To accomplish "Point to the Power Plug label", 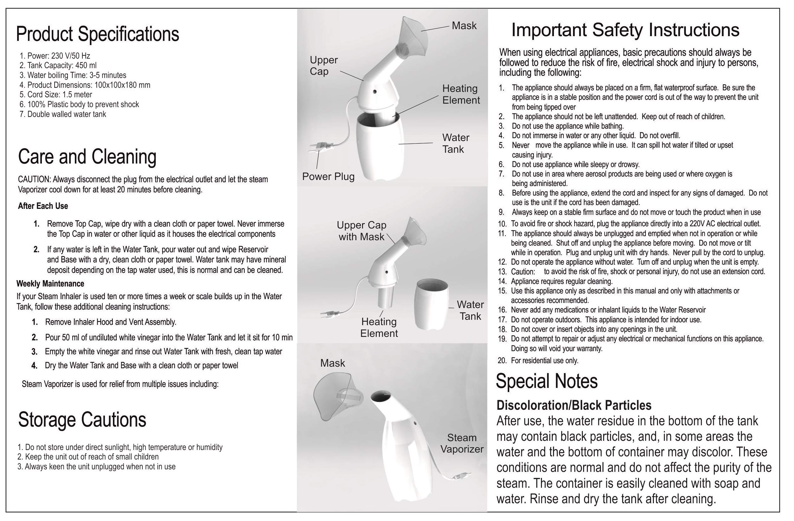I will [328, 176].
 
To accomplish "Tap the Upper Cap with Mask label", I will [361, 231].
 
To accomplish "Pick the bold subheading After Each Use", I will [43, 206].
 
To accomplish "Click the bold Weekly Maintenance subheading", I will [50, 284].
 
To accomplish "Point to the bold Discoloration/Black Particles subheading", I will [574, 405].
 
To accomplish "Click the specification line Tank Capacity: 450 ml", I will [58, 65].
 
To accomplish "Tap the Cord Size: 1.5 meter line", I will [56, 94].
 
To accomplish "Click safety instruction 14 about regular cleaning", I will [561, 281].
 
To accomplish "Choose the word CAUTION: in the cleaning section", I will [34, 179].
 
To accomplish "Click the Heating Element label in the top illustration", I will [461, 94].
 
